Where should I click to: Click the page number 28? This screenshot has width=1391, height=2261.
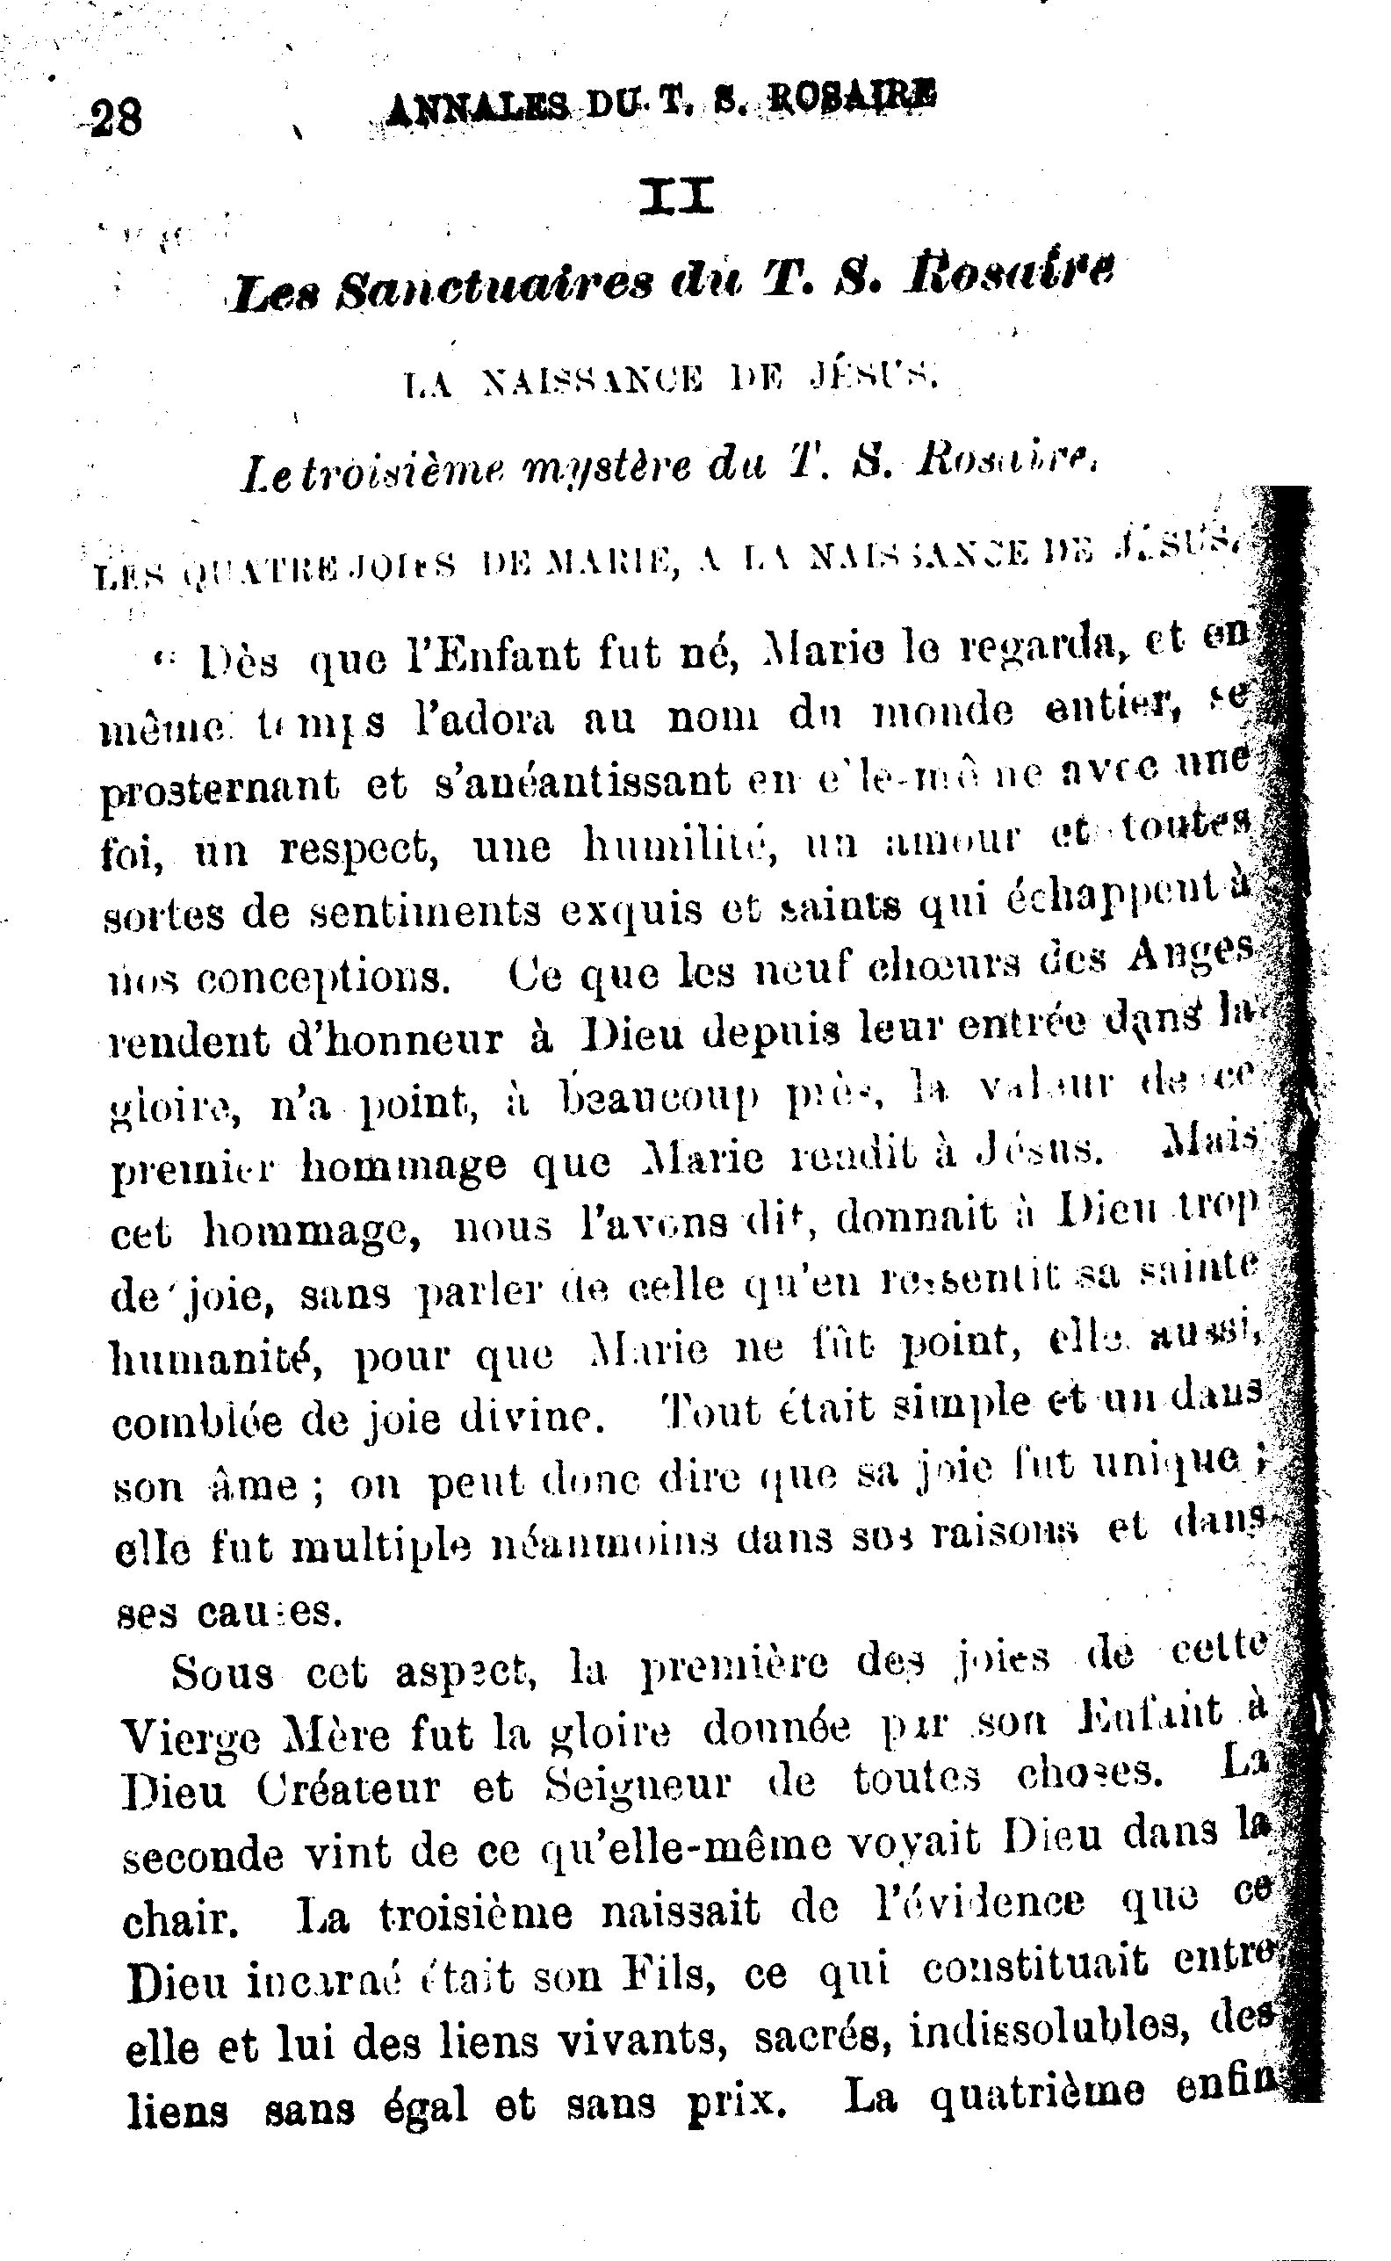tap(116, 118)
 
